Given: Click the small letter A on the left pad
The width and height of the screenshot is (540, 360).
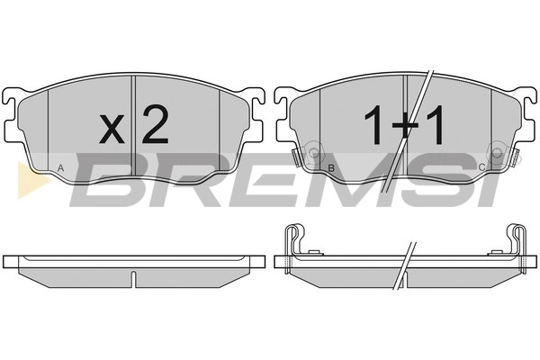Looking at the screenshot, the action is [x=60, y=168].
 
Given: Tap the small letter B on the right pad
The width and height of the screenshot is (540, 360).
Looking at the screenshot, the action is [x=331, y=168].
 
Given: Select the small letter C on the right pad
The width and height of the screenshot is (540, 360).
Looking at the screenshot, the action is [x=482, y=167].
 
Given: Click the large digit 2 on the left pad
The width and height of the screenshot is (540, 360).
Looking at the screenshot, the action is [x=156, y=124].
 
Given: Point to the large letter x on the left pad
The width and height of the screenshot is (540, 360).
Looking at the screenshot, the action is [x=112, y=129].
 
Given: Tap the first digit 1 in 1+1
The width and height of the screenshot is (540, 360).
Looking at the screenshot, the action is [x=374, y=125].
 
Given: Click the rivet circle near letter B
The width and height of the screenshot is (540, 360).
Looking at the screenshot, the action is [x=314, y=152].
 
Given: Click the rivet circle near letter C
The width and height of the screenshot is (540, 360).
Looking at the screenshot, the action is [x=496, y=152].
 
